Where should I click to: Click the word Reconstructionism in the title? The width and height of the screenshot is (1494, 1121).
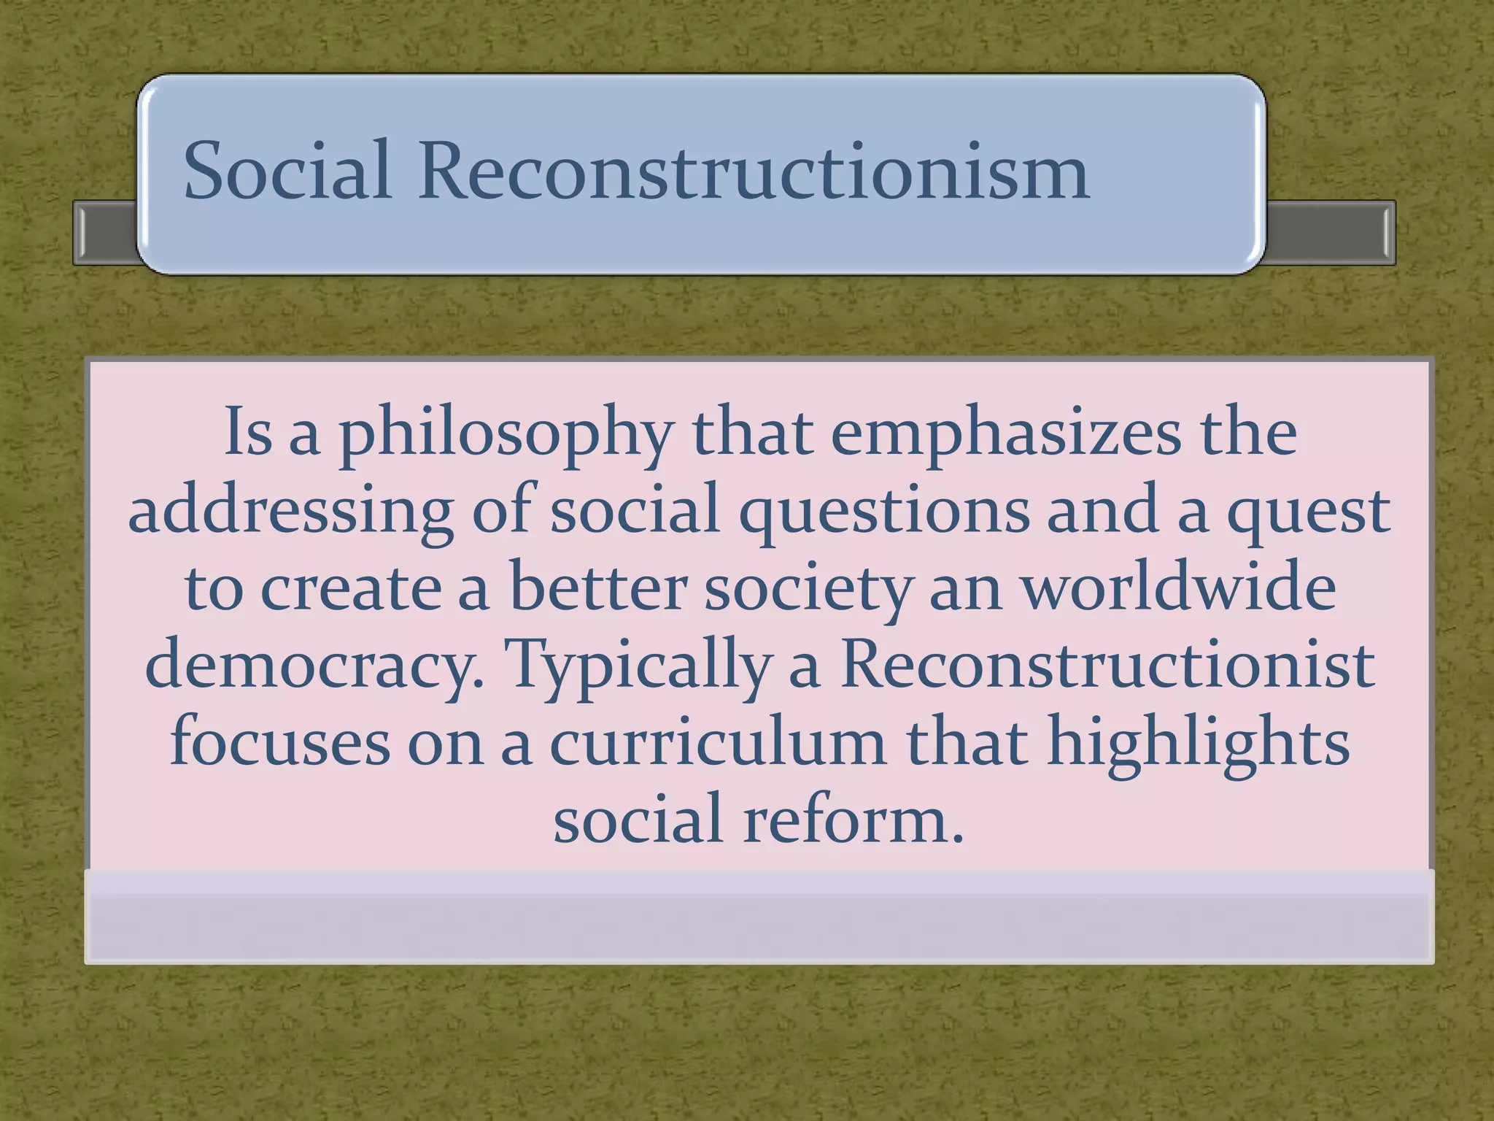[753, 172]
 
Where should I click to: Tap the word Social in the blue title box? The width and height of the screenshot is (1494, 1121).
[287, 172]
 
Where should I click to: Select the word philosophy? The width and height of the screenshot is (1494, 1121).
[505, 434]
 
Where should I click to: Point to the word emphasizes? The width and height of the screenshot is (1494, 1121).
[1005, 434]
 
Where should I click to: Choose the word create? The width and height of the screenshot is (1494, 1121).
[350, 588]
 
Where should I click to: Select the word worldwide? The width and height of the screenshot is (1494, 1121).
[1177, 588]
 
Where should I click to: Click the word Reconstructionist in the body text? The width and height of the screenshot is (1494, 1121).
[1107, 666]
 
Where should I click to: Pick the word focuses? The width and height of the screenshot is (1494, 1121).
[280, 743]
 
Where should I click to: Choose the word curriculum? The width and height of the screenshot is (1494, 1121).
[717, 743]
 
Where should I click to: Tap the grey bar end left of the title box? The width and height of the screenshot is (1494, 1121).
[106, 232]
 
